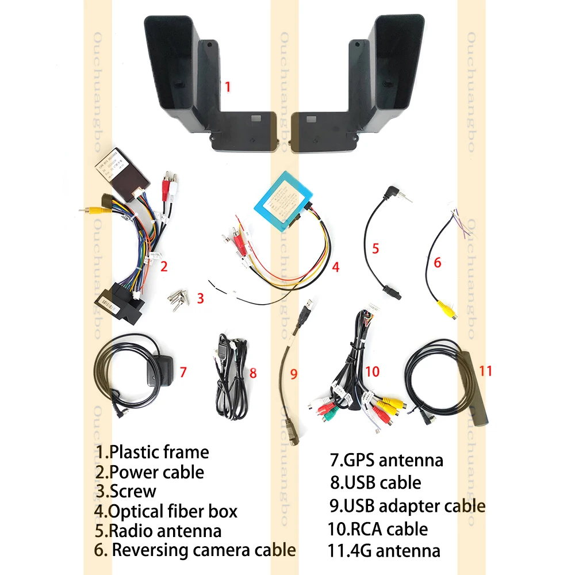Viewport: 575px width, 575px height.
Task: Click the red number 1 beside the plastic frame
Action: coord(227,87)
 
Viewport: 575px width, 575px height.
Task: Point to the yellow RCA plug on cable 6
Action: coord(444,307)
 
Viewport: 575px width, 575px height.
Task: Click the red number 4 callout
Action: coord(336,267)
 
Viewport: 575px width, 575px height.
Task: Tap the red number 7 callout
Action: coord(183,372)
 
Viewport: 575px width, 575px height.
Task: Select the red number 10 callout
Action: coord(372,371)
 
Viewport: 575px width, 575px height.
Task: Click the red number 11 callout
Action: coord(485,371)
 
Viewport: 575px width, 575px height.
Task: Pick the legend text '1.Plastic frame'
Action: coord(152,452)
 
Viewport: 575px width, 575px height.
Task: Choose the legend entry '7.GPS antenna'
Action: coord(386,460)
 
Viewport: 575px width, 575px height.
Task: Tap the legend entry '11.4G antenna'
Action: coord(384,550)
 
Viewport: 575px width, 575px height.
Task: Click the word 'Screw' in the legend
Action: coord(133,491)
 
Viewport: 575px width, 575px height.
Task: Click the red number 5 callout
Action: coord(375,248)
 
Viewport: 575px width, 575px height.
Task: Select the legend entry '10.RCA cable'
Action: coord(378,528)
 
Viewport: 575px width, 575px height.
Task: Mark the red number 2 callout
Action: coord(164,266)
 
